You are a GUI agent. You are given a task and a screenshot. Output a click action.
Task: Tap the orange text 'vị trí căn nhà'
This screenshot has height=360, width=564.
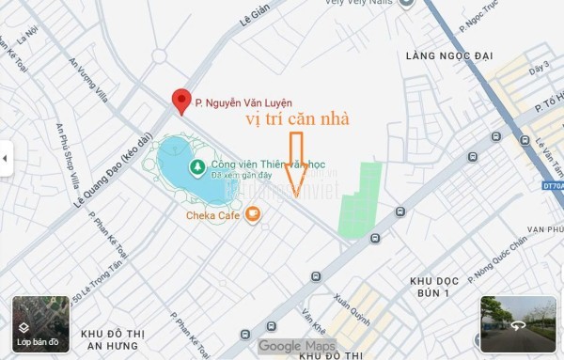(297, 119)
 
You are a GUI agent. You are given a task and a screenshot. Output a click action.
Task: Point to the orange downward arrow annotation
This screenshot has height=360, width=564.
(297, 164)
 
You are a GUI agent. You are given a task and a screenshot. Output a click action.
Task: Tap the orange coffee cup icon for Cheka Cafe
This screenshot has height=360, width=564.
(252, 214)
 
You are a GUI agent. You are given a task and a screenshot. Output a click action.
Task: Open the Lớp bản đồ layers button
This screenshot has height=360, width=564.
(37, 325)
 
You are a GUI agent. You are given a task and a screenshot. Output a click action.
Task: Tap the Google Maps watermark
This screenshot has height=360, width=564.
(296, 346)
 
